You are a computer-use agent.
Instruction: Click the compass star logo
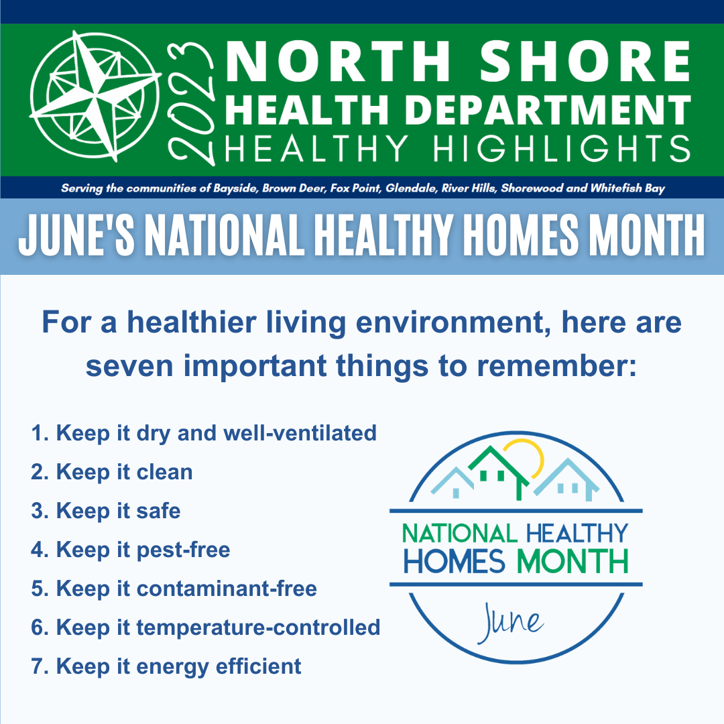(x=96, y=96)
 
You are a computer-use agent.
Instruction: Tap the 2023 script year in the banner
(x=190, y=103)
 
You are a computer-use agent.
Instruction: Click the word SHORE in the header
(x=585, y=61)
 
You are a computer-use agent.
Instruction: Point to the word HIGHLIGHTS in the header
(x=562, y=149)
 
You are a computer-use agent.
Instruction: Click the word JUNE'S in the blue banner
(x=76, y=235)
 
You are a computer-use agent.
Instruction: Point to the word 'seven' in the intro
(x=129, y=366)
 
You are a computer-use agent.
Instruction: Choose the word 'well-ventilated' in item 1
(x=300, y=433)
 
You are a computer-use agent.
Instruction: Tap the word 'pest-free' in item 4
(x=183, y=550)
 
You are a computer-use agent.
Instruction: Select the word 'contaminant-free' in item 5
(x=227, y=589)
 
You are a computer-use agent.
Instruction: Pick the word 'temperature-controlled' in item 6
(x=258, y=627)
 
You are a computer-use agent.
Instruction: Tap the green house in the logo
(x=497, y=472)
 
